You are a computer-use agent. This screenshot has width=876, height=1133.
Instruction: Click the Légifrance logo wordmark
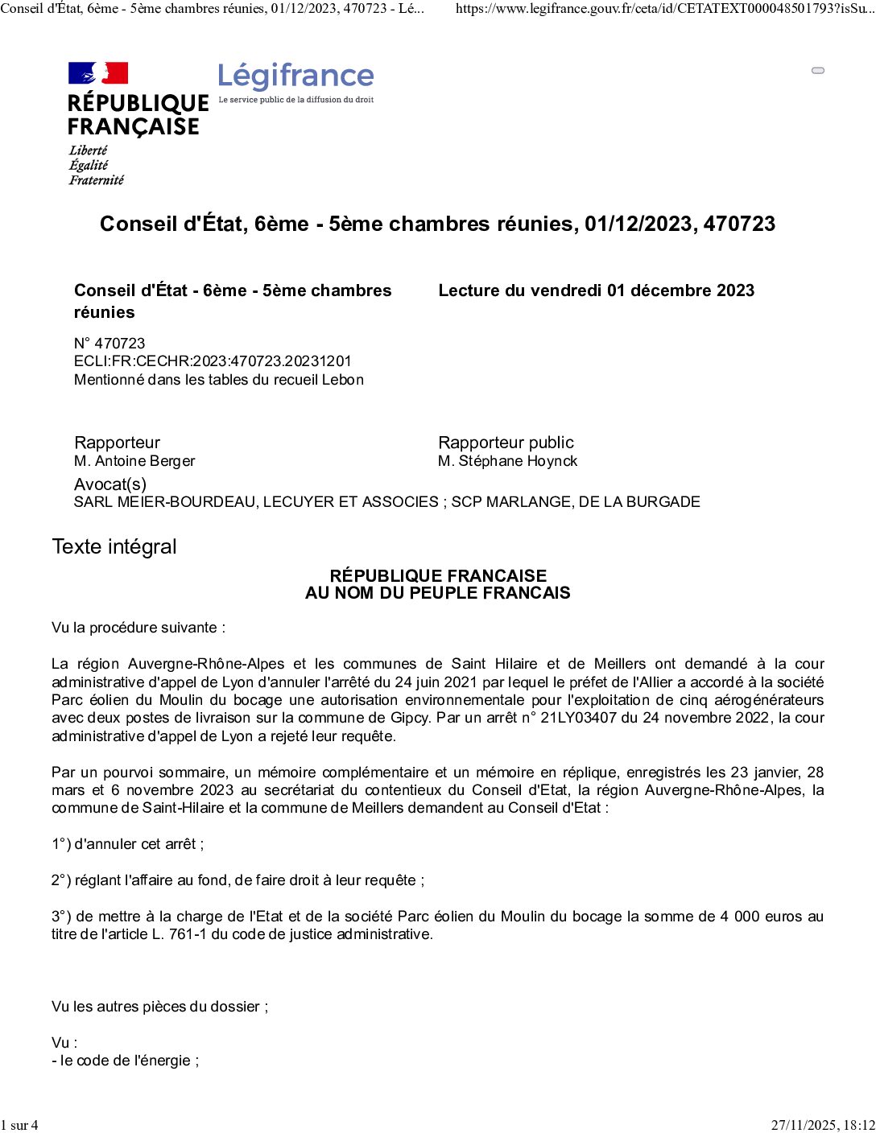(295, 76)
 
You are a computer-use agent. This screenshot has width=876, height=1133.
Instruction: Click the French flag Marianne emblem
(98, 73)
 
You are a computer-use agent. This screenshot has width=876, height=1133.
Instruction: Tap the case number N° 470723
(109, 343)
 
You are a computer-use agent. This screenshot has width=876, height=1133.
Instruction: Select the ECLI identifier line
(213, 361)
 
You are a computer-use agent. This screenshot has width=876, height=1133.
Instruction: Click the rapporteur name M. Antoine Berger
(134, 461)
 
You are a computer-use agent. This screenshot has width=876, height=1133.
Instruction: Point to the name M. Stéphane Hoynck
(507, 461)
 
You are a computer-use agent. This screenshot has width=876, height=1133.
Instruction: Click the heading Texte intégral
(114, 546)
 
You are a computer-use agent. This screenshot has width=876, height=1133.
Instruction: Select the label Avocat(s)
(110, 484)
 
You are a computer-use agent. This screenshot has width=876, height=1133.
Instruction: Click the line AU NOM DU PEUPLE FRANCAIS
(437, 593)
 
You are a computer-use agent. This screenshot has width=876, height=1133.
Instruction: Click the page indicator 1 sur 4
(19, 1125)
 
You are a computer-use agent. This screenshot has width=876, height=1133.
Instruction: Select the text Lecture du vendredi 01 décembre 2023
(596, 290)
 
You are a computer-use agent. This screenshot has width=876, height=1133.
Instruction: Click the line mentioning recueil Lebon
(219, 380)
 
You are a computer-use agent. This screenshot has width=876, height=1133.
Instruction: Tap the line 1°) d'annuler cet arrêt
(128, 844)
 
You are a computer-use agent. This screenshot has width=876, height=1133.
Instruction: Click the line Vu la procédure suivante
(138, 628)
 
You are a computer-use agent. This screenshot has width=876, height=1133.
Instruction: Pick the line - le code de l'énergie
(125, 1061)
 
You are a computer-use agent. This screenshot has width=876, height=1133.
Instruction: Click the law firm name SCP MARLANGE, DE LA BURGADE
(576, 502)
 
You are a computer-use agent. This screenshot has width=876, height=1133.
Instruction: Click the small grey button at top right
(818, 71)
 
